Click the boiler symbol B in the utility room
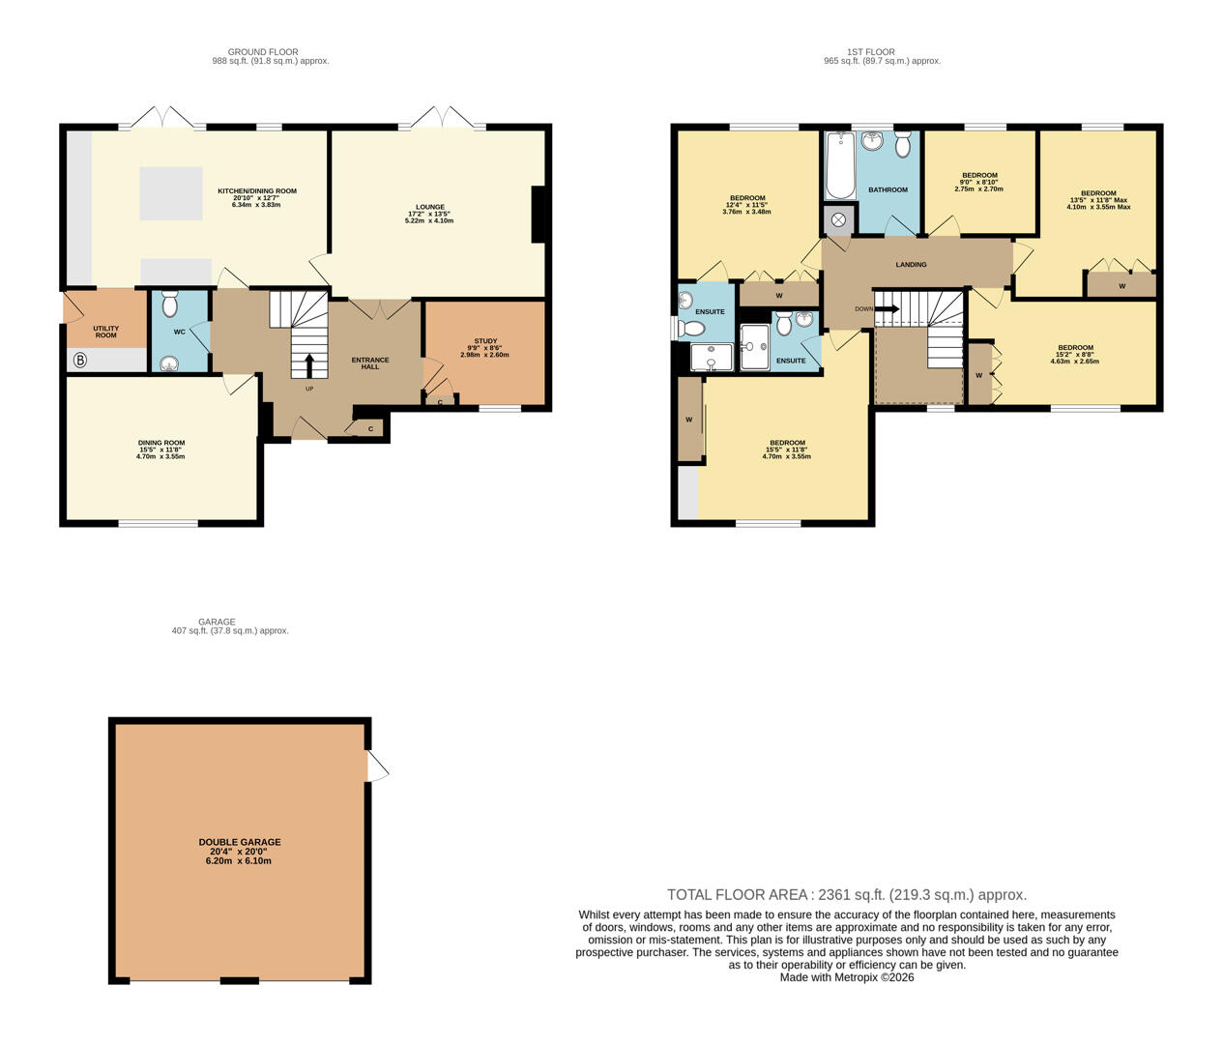pos(79,361)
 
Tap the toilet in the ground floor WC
pos(170,306)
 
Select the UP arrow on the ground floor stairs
pos(309,365)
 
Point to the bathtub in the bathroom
pos(840,165)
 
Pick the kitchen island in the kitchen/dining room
pos(171,193)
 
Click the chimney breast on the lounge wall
pos(539,214)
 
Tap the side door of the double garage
pos(376,767)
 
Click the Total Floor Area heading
pos(846,895)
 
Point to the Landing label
pos(911,264)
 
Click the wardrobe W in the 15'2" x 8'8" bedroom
pos(979,374)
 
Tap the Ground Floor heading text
pos(263,52)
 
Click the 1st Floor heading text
pos(870,52)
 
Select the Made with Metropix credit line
pos(846,977)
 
